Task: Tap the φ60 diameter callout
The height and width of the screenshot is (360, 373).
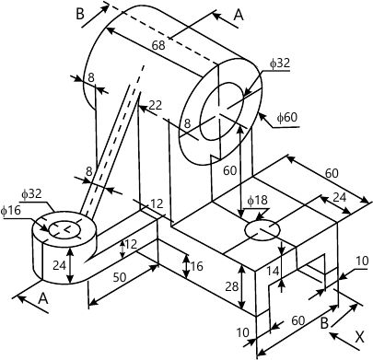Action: (x=286, y=117)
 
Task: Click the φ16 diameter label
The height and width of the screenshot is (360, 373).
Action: (x=11, y=211)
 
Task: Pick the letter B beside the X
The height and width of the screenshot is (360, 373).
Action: (x=325, y=324)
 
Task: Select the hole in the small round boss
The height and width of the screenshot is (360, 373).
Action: (x=64, y=230)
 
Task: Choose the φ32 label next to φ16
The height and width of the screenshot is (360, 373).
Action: (x=31, y=194)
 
